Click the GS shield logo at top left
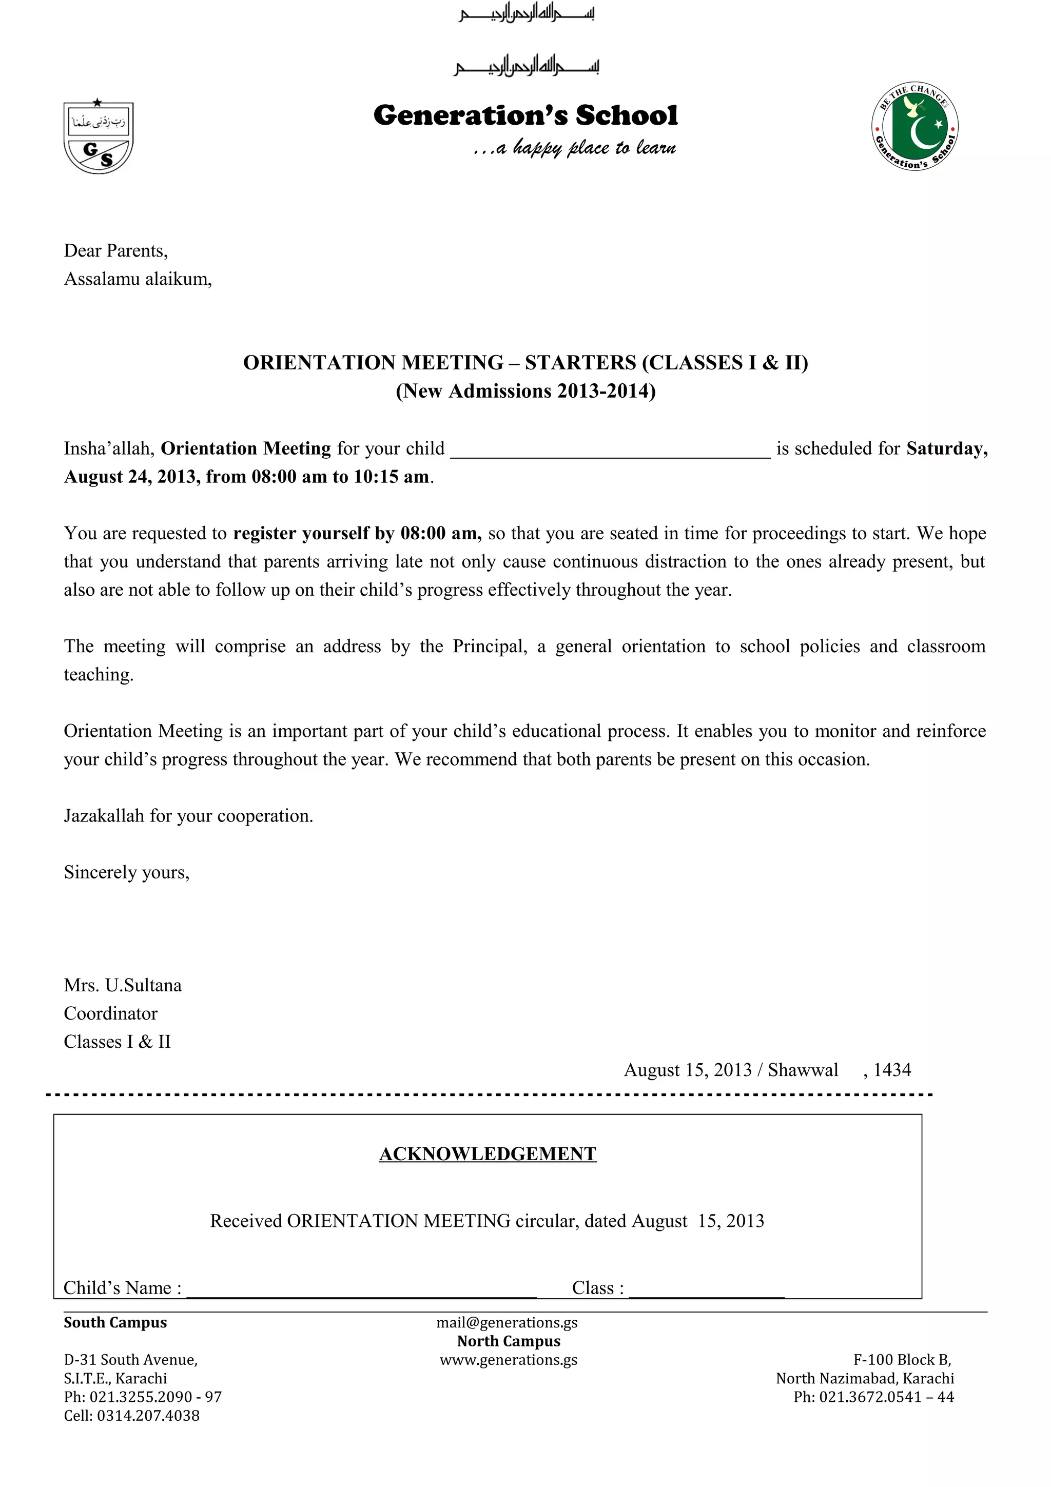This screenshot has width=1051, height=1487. pos(99,138)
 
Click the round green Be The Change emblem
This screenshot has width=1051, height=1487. pos(914,127)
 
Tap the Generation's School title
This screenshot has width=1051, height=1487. pos(525,116)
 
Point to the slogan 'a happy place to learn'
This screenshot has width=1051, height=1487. pos(575,148)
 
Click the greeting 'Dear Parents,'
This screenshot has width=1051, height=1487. pos(116,250)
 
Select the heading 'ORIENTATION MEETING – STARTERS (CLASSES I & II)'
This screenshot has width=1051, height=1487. pos(525,363)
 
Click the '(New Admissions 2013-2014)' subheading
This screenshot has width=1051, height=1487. pos(525,391)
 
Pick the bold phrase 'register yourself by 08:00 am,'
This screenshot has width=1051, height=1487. pos(357,534)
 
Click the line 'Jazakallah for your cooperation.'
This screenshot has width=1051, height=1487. pos(188,816)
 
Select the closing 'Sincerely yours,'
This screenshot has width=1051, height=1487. pos(127,872)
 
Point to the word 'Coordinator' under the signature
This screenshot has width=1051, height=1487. pos(111,1013)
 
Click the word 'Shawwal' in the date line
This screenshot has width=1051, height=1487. pos(803,1070)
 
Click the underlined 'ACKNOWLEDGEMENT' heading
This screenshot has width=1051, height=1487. pos(488,1154)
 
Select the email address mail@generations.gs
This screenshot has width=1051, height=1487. pos(507,1322)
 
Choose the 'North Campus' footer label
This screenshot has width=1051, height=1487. pos(509,1341)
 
